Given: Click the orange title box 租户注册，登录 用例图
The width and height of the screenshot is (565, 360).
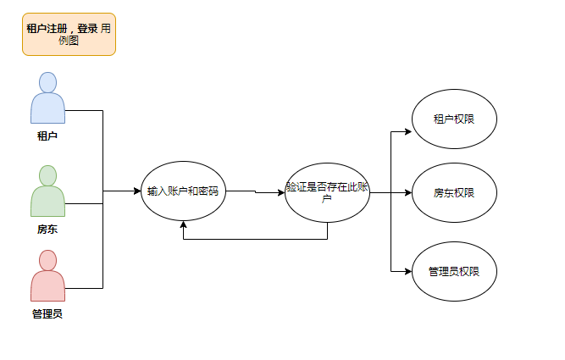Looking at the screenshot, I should coord(69,35).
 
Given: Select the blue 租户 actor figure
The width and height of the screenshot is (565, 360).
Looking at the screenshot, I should coord(47,102).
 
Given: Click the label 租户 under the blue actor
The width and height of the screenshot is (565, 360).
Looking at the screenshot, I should coord(47,135).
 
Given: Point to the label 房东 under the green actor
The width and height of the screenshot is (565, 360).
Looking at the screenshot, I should coord(47,229).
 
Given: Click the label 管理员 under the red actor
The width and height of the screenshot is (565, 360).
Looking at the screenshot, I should coord(47,314).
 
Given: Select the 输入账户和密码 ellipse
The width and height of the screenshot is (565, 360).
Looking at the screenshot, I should coord(183,191).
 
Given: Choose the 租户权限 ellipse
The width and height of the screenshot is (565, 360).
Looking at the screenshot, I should coord(453,119).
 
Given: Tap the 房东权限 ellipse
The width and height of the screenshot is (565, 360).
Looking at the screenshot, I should coord(453,193).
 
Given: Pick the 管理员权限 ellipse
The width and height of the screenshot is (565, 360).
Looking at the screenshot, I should coord(453,271).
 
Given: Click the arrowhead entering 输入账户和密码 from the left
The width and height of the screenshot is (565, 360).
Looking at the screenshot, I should coord(137,191).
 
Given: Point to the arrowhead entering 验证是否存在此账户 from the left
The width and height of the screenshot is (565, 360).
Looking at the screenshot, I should coord(281,193).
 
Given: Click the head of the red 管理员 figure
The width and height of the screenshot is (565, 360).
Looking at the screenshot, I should coord(47,260).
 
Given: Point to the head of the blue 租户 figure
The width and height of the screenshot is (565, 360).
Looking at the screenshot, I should coord(47,82).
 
